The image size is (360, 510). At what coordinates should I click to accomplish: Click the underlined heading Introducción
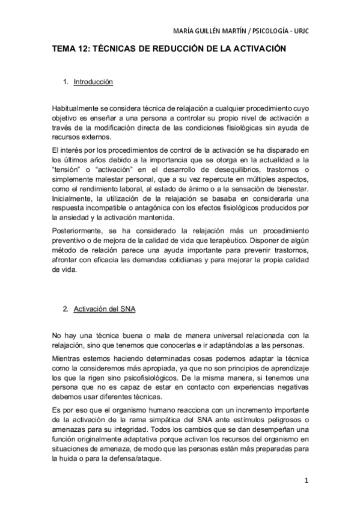tap(93, 82)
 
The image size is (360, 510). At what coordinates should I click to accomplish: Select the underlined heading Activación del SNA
tap(104, 310)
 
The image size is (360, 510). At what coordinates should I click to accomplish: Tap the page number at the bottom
tap(307, 481)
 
